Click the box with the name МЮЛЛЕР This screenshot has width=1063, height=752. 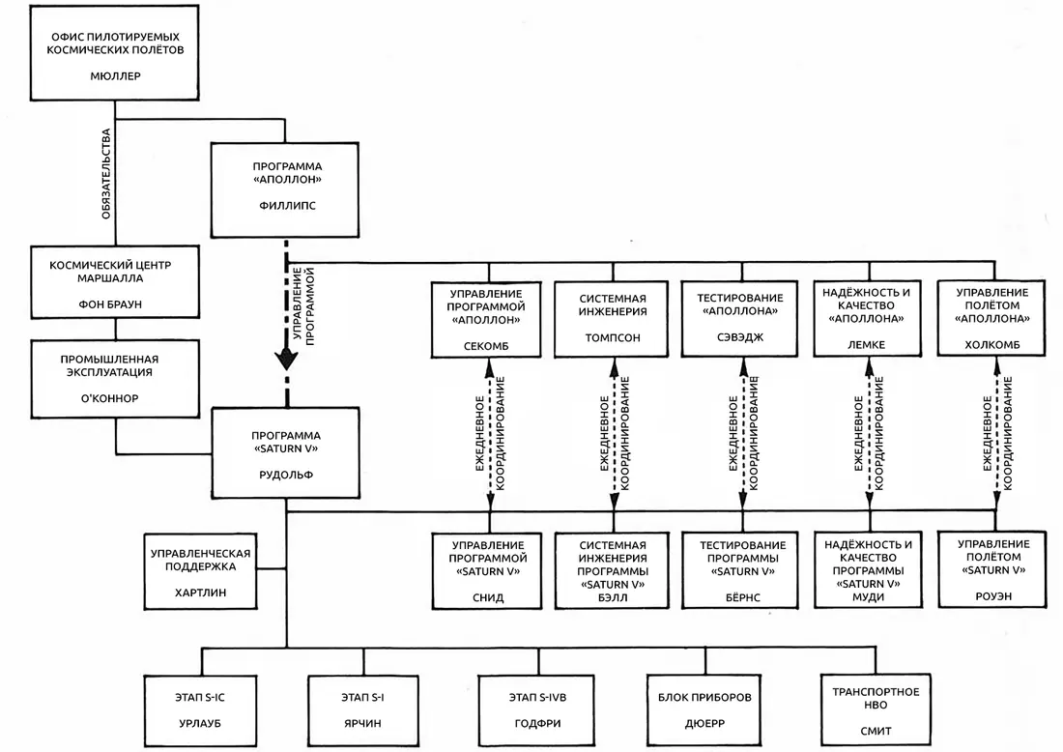pyautogui.click(x=115, y=53)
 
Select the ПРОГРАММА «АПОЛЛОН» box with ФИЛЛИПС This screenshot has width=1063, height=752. pyautogui.click(x=285, y=189)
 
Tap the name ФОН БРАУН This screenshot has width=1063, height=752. pyautogui.click(x=110, y=304)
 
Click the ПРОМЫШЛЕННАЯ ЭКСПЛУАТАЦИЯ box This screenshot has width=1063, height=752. pyautogui.click(x=115, y=379)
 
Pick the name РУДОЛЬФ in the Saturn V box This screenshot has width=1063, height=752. pyautogui.click(x=286, y=476)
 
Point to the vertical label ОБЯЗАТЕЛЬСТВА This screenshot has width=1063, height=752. pyautogui.click(x=105, y=174)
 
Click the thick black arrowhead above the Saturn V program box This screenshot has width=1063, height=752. pyautogui.click(x=286, y=359)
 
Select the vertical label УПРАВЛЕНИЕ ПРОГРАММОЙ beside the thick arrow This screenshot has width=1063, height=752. pyautogui.click(x=303, y=305)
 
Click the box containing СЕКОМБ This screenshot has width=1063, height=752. pyautogui.click(x=486, y=319)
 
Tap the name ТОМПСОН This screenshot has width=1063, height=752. pyautogui.click(x=613, y=337)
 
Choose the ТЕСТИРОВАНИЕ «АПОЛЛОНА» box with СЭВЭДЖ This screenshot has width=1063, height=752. pyautogui.click(x=739, y=319)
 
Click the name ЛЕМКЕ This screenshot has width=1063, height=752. pyautogui.click(x=867, y=344)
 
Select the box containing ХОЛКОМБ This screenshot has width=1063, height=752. pyautogui.click(x=991, y=318)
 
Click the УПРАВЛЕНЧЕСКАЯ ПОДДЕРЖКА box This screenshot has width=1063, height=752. pyautogui.click(x=201, y=571)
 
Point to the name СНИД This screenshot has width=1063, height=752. pyautogui.click(x=488, y=598)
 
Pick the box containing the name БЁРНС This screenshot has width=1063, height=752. pyautogui.click(x=743, y=570)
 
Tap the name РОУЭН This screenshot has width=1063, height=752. pyautogui.click(x=993, y=596)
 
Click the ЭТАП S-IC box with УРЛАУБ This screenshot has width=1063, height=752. pyautogui.click(x=201, y=711)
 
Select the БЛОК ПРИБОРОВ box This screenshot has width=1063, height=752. pyautogui.click(x=705, y=710)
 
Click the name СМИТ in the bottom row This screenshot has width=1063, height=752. pyautogui.click(x=876, y=731)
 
